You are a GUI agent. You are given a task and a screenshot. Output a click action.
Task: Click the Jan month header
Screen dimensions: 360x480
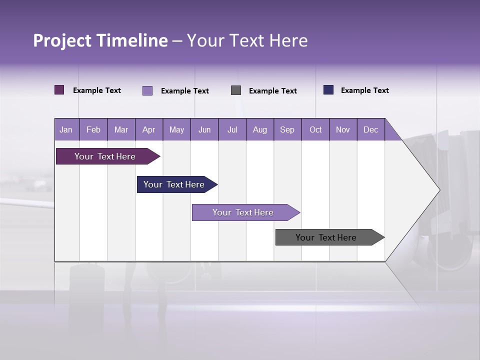tap(66, 129)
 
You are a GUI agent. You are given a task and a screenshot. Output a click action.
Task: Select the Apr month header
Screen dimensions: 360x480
tap(148, 129)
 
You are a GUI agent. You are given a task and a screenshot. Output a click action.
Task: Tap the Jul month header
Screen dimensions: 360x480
tap(232, 129)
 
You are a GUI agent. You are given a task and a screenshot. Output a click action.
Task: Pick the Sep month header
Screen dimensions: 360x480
tap(287, 129)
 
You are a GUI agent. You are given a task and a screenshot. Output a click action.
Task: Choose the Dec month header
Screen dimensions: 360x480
tap(370, 129)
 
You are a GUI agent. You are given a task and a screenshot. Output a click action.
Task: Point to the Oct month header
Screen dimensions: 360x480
tap(315, 129)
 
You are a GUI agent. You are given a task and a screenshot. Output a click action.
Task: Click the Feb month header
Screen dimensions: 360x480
tap(93, 129)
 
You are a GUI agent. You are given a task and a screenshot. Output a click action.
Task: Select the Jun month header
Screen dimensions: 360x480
tap(204, 129)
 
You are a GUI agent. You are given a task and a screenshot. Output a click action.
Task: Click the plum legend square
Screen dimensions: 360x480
tap(59, 90)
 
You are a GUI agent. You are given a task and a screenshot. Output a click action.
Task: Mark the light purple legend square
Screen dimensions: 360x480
tap(147, 90)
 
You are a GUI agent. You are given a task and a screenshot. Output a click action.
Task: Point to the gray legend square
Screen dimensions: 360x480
tap(236, 90)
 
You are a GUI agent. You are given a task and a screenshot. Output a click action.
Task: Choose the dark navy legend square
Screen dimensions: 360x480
tap(328, 90)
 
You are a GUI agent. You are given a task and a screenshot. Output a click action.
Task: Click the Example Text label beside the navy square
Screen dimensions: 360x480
tap(364, 90)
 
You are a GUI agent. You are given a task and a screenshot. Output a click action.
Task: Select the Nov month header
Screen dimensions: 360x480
tap(343, 129)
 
